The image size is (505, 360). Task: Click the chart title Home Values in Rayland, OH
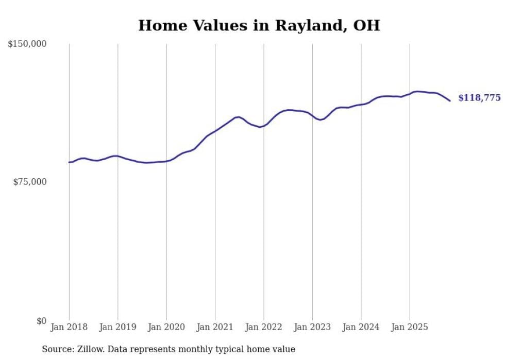tap(259, 26)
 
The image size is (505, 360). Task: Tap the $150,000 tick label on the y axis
tap(27, 44)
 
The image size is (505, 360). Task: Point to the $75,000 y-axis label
tap(29, 182)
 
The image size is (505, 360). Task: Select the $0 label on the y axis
tap(41, 321)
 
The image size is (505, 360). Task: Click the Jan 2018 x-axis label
tap(69, 327)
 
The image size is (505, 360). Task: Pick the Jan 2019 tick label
tap(117, 327)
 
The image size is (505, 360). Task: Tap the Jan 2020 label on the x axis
tap(166, 327)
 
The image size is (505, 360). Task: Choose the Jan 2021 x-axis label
tap(215, 327)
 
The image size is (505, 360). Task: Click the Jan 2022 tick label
tap(264, 327)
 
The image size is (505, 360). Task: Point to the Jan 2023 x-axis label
tap(312, 327)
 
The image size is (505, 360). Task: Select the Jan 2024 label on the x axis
tap(361, 327)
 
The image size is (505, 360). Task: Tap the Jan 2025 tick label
tap(410, 327)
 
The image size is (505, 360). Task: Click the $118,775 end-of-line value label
tap(479, 98)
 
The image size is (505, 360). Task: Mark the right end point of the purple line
tap(450, 100)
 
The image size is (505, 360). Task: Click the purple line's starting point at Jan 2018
tap(69, 162)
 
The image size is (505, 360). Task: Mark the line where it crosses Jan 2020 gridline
tap(166, 161)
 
